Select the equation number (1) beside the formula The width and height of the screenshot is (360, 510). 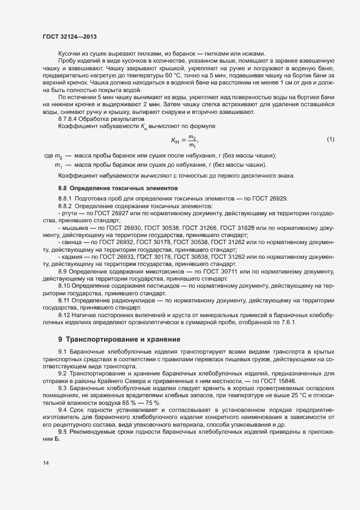(x=330, y=141)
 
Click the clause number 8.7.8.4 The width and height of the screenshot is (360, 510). (x=69, y=119)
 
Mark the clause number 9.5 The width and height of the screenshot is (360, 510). (x=62, y=432)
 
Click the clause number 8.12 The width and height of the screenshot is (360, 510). (x=64, y=315)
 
